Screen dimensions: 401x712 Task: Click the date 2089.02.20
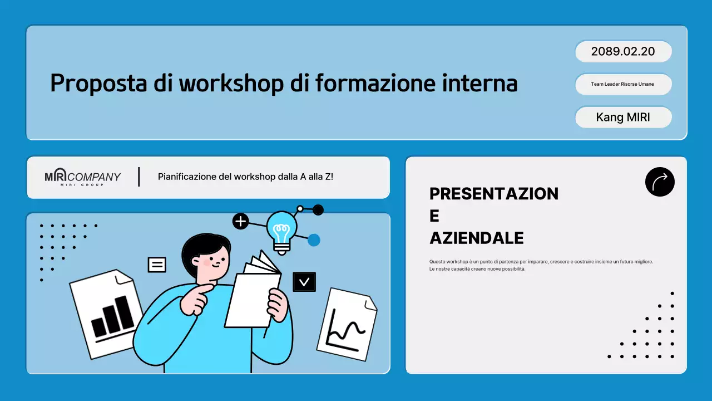click(x=623, y=52)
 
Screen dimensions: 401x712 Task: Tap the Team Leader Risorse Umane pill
click(x=623, y=84)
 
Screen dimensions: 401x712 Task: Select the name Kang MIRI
click(x=623, y=118)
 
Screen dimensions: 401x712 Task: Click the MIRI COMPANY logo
click(x=82, y=177)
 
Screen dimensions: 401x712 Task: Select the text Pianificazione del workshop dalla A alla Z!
click(x=245, y=177)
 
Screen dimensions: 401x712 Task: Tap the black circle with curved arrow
click(x=660, y=182)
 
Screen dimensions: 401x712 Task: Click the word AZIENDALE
click(x=477, y=238)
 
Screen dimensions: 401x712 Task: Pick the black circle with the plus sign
click(x=240, y=221)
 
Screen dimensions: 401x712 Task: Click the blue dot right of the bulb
click(x=314, y=240)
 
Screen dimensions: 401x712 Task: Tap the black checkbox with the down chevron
click(x=304, y=282)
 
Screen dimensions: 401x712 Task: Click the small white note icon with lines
click(x=157, y=265)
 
